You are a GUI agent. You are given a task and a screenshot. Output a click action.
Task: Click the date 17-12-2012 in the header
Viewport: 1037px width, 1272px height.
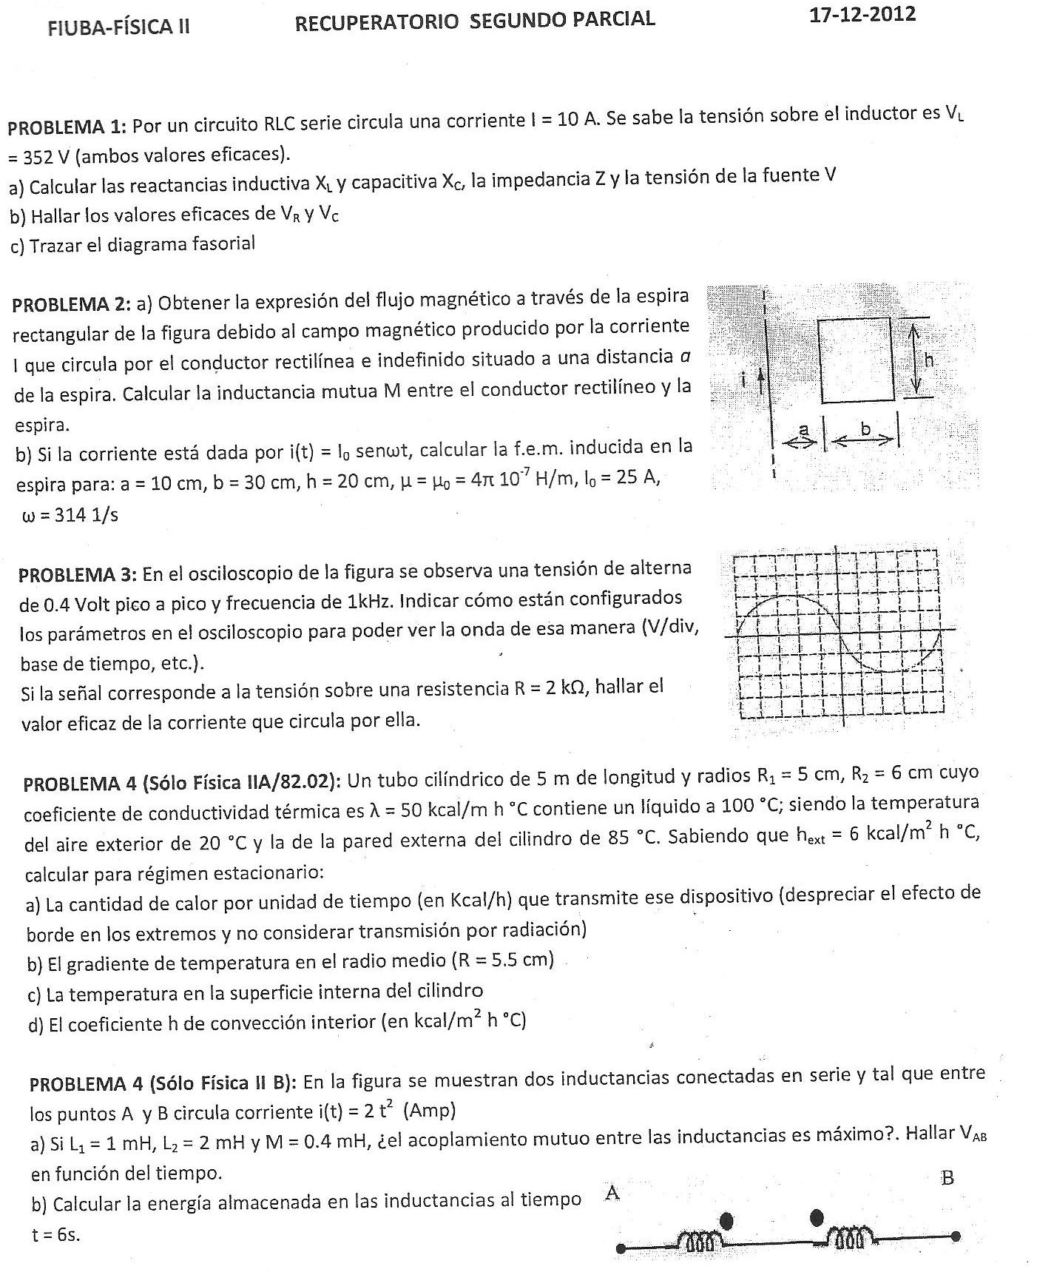[x=862, y=15]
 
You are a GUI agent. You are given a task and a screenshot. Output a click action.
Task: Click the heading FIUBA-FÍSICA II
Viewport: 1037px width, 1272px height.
[x=118, y=27]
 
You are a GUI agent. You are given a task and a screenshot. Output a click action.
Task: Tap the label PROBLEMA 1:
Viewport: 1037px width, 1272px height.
[x=68, y=127]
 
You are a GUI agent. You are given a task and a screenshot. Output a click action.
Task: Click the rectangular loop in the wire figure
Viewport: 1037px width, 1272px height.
[x=856, y=360]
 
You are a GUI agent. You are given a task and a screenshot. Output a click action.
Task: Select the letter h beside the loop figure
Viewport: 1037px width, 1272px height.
[x=930, y=360]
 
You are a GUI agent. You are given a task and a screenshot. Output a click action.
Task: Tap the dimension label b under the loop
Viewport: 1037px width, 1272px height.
[x=865, y=428]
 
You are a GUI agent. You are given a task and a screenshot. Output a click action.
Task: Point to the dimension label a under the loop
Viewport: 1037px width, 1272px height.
[x=804, y=429]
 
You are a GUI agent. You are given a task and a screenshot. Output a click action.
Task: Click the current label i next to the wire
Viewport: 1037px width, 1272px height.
[x=745, y=380]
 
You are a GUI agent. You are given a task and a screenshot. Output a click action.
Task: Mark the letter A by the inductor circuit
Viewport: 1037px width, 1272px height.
[x=612, y=1192]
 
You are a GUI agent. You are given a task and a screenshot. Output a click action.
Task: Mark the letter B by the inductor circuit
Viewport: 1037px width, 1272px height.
[x=948, y=1178]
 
